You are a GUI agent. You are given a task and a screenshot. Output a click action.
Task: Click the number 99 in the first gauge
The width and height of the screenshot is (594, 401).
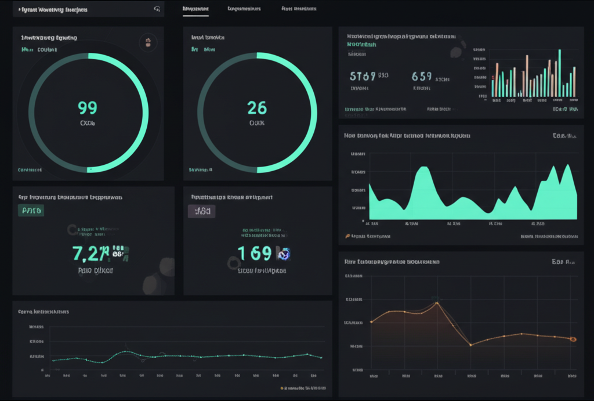88,108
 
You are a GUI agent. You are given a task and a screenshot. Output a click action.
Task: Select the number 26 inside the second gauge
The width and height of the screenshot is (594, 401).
257,108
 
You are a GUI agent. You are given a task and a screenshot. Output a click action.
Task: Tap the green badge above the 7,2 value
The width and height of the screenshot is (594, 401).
31,211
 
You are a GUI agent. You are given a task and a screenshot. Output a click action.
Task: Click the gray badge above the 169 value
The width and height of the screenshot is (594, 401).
201,211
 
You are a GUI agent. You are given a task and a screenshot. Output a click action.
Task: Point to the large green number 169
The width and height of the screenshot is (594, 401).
255,253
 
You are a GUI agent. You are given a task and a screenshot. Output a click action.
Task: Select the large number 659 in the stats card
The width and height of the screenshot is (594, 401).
422,76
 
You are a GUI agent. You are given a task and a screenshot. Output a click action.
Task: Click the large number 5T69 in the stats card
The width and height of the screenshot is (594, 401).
363,76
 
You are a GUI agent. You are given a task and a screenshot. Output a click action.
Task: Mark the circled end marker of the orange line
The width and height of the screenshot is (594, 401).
573,339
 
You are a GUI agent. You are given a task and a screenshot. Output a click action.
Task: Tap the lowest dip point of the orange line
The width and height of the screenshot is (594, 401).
470,345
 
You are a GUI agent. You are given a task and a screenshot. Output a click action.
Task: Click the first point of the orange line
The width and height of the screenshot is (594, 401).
371,321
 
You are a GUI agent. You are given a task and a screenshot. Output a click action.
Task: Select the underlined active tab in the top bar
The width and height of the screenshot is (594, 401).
195,9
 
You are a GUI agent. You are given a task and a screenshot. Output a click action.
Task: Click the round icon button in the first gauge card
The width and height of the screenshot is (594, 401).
148,42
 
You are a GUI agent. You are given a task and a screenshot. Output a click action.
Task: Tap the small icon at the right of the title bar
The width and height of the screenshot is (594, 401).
157,9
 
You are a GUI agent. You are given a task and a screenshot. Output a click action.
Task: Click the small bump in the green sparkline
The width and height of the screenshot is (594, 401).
126,352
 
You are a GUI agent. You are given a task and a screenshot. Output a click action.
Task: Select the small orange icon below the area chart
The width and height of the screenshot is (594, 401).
347,236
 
